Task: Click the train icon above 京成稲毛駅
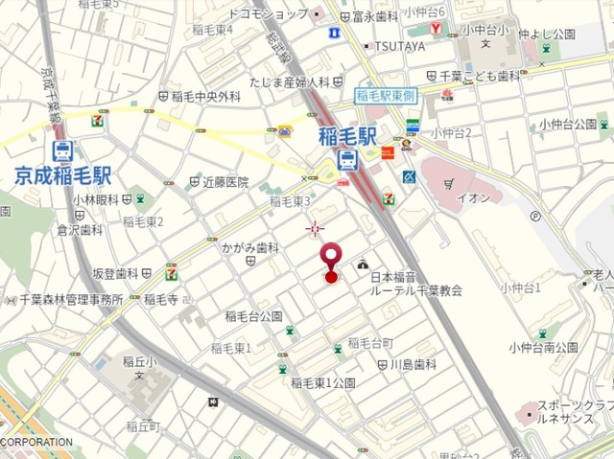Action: coord(63,151)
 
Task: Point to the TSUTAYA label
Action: coord(399,46)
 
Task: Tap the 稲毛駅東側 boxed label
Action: coord(384,95)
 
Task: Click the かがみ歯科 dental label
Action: coord(250,247)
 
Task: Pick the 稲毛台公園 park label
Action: coord(253,315)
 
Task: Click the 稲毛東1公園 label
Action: coord(323,382)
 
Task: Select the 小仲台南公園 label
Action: coord(544,347)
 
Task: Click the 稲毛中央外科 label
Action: coord(206,97)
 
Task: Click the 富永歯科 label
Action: coord(376,15)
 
